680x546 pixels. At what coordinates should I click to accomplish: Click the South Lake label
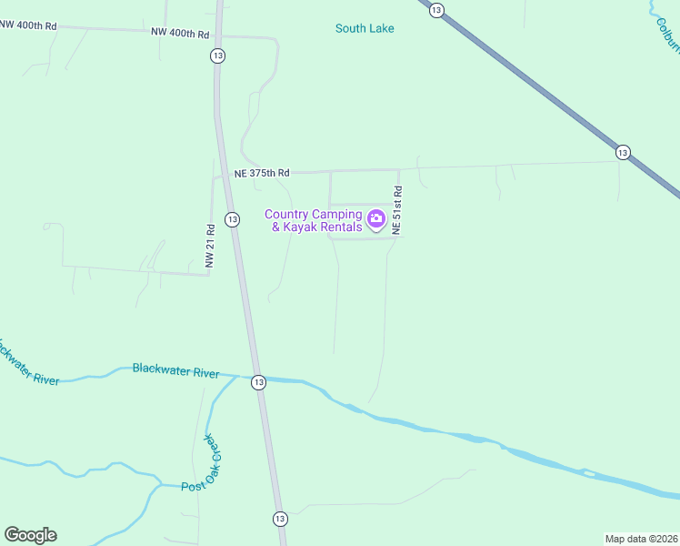(x=365, y=28)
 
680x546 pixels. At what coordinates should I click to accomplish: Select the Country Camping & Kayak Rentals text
(x=314, y=221)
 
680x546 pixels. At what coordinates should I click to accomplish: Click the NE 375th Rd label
(x=262, y=173)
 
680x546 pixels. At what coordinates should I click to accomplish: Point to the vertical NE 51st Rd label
(x=396, y=211)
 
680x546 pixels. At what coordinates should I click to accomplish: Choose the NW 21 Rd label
(x=210, y=246)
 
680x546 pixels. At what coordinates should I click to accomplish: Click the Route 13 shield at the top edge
(x=437, y=9)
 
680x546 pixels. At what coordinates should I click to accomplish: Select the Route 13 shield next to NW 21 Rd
(x=233, y=219)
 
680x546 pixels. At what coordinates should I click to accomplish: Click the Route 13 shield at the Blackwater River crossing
(x=259, y=382)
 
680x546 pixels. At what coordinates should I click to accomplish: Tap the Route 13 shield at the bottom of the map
(x=279, y=518)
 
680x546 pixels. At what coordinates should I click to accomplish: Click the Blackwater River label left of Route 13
(x=175, y=370)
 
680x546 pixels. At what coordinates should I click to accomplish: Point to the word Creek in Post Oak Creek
(x=213, y=454)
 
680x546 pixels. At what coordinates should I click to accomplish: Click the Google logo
(x=30, y=535)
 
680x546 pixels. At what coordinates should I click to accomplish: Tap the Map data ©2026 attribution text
(x=641, y=538)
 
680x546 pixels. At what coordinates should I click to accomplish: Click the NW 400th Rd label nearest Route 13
(x=181, y=34)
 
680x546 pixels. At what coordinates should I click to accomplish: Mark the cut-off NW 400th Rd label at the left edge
(x=28, y=25)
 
